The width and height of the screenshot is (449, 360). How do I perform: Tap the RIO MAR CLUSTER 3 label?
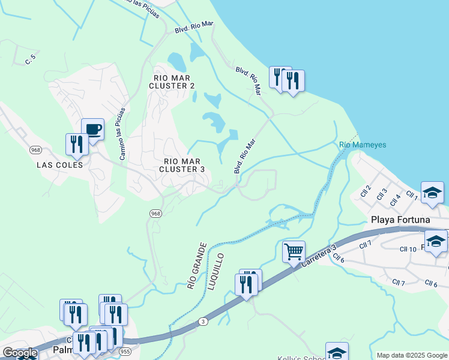click(184, 165)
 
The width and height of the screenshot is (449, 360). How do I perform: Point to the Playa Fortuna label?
click(400, 220)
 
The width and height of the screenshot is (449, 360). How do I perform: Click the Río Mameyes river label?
click(363, 145)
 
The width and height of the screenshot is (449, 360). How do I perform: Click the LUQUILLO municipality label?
click(216, 272)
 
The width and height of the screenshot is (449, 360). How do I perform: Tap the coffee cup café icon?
click(92, 129)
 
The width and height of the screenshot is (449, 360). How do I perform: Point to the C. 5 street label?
click(31, 59)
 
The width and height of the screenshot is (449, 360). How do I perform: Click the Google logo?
click(20, 353)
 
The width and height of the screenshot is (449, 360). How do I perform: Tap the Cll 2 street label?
click(366, 191)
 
